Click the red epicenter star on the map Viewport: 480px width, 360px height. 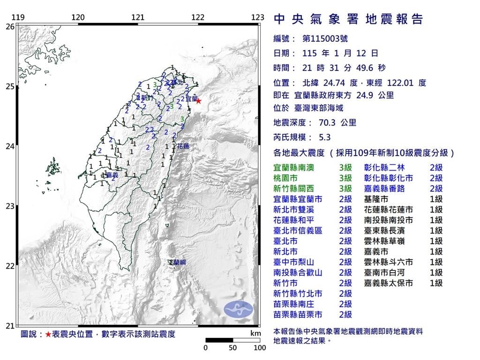tap(198, 101)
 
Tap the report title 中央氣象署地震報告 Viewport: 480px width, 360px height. tap(348, 19)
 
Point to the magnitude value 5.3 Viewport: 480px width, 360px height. tap(324, 138)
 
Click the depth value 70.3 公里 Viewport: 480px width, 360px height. tap(335, 123)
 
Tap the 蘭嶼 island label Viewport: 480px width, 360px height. tap(179, 262)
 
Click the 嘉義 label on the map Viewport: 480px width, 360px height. tap(112, 175)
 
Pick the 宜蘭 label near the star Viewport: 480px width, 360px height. tap(191, 99)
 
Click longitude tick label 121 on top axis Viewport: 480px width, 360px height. tap(138, 18)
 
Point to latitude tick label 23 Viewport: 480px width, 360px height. tap(10, 206)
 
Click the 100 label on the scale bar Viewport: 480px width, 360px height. tap(260, 348)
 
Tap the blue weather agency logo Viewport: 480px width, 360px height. tap(238, 308)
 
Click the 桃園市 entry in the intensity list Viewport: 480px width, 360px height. tap(286, 178)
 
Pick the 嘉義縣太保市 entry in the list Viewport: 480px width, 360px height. tap(389, 283)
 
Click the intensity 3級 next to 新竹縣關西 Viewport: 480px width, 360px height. tap(345, 188)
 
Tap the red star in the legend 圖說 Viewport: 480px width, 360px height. tap(48, 335)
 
